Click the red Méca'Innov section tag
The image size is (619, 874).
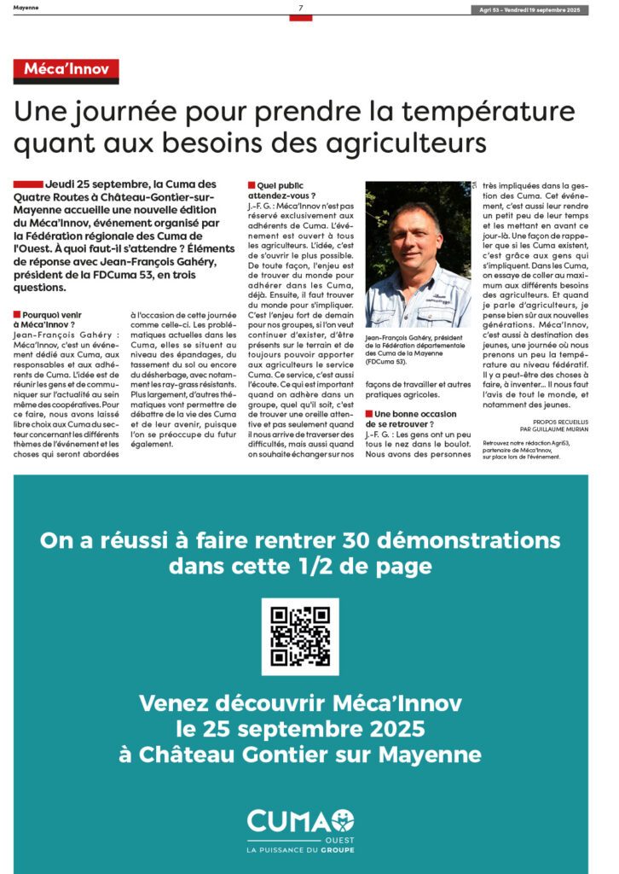[x=66, y=70]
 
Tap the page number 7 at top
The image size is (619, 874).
[x=300, y=9]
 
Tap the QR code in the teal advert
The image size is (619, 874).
[x=300, y=637]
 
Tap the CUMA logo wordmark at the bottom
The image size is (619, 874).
[x=299, y=822]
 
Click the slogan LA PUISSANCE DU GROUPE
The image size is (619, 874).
[x=299, y=850]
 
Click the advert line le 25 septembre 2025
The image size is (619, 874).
[x=300, y=730]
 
